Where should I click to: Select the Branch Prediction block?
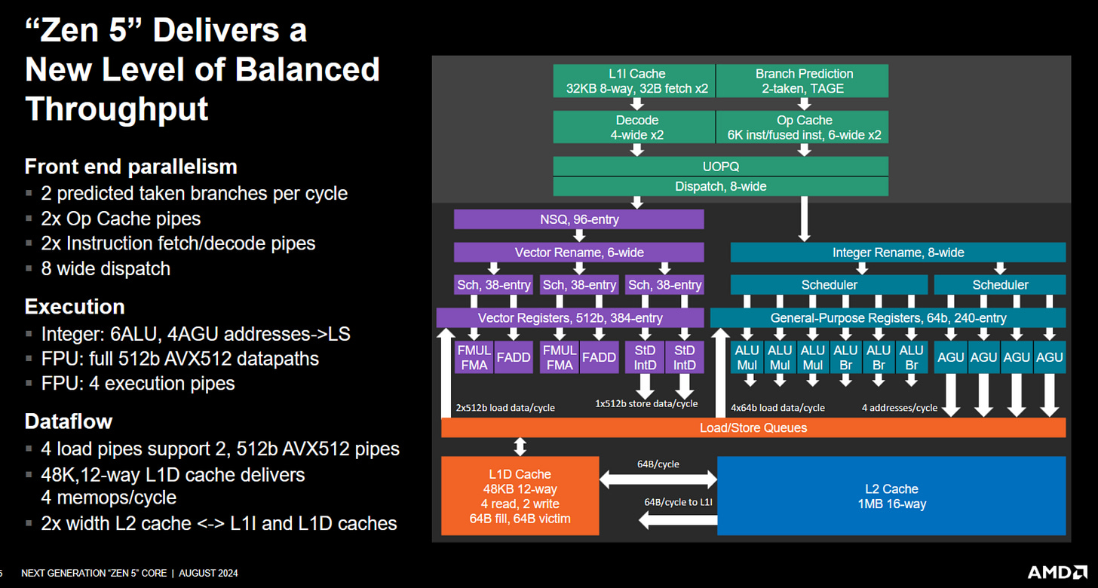point(803,81)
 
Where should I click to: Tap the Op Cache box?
point(803,127)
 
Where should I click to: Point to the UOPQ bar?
point(720,166)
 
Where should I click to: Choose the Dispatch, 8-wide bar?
point(720,186)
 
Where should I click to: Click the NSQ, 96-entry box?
point(578,219)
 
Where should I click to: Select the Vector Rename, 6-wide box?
point(578,253)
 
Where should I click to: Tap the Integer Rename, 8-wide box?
point(897,253)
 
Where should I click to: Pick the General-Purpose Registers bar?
point(888,317)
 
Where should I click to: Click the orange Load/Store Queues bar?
point(753,427)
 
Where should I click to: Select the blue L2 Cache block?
point(891,495)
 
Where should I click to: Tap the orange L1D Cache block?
point(520,495)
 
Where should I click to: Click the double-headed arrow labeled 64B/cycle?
point(658,478)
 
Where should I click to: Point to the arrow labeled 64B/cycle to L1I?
point(676,519)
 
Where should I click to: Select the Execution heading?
point(75,307)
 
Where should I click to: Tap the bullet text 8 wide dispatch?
point(106,268)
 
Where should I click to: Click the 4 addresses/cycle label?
point(899,408)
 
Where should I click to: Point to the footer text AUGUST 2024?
point(208,573)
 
